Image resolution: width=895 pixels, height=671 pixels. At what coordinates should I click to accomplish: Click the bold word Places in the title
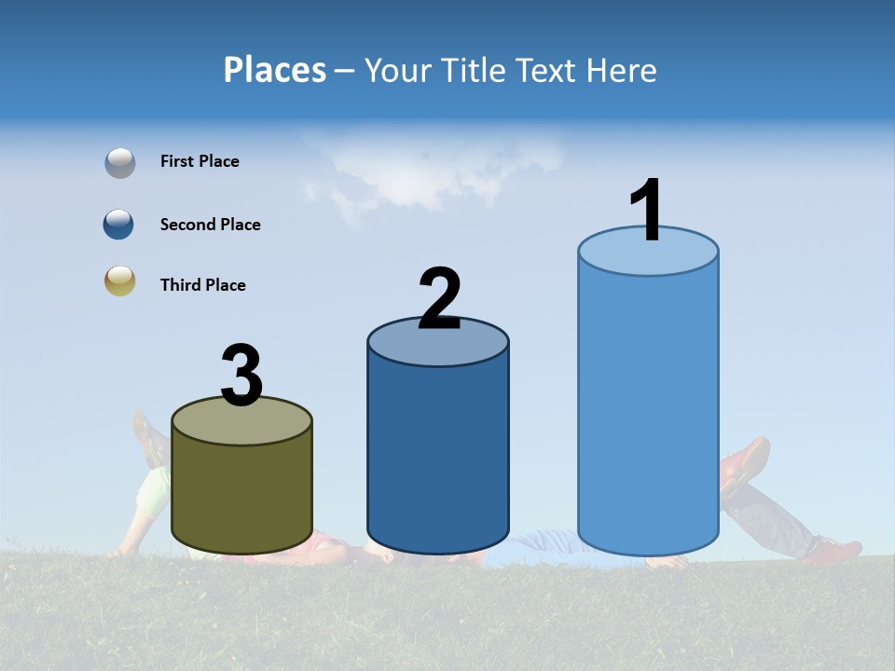pos(275,70)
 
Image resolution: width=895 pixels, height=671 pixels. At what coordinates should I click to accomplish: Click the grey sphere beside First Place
pos(119,163)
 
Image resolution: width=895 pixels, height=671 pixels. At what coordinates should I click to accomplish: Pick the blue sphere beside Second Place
pos(118,225)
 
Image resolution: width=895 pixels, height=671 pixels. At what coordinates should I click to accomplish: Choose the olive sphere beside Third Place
pos(119,281)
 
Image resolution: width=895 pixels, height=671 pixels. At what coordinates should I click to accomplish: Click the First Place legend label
pos(200,161)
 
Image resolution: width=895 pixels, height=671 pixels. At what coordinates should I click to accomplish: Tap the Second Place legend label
pos(210,225)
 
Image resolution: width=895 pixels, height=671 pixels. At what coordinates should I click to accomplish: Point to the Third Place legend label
pos(202,285)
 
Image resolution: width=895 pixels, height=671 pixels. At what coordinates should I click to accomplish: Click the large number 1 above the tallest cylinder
pos(647,211)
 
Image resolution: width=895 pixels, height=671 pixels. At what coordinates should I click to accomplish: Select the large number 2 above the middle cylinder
pos(439,298)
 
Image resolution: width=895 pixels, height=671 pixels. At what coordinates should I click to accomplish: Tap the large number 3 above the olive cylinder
pos(241,377)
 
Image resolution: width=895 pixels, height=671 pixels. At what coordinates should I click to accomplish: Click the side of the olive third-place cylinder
pos(241,494)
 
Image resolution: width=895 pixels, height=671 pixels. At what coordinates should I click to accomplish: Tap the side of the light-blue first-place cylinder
pos(648,410)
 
